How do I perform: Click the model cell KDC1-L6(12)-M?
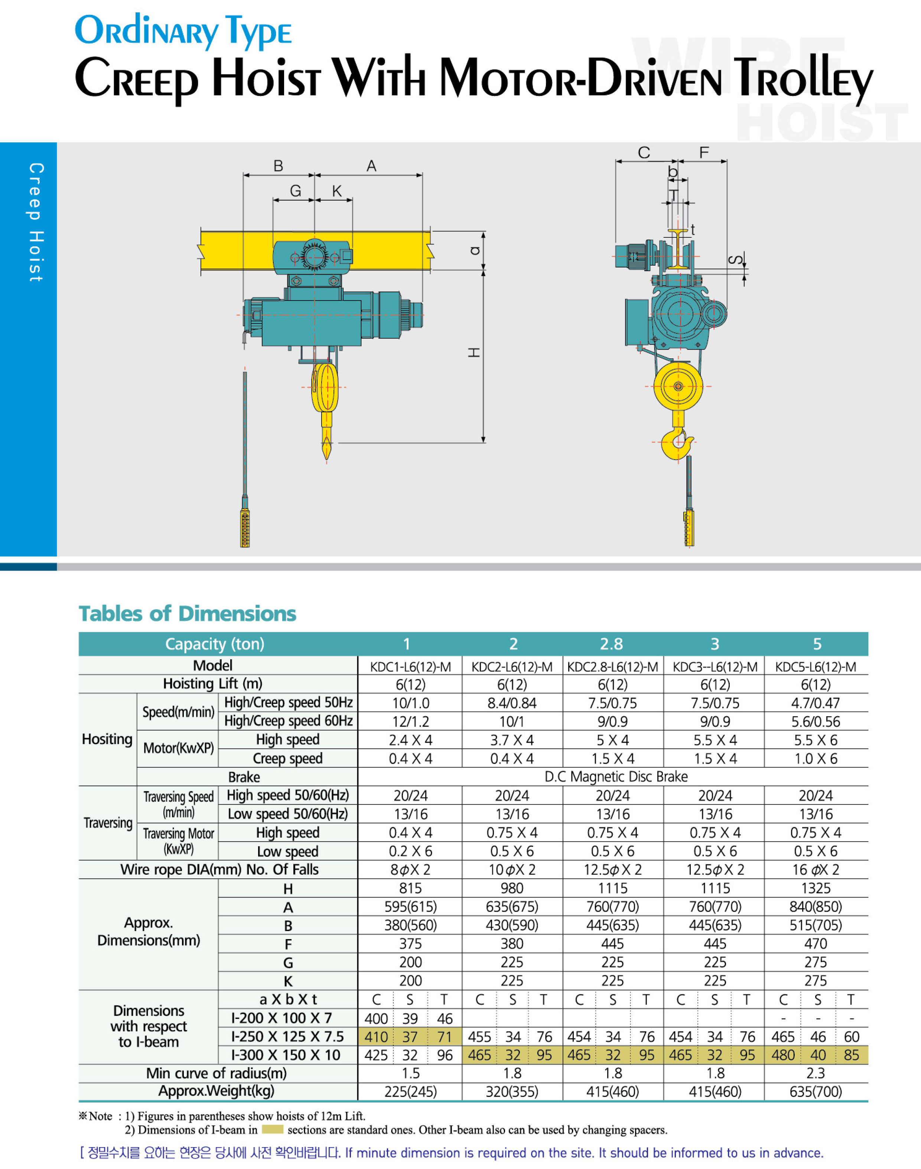pyautogui.click(x=410, y=667)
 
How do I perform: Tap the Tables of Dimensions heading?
pyautogui.click(x=187, y=614)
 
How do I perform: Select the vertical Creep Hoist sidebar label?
pyautogui.click(x=36, y=222)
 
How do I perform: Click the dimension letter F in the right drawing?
pyautogui.click(x=704, y=153)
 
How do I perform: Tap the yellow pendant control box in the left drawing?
pyautogui.click(x=245, y=529)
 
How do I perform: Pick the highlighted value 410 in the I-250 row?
pyautogui.click(x=376, y=1037)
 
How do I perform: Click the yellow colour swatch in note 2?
pyautogui.click(x=272, y=1129)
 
